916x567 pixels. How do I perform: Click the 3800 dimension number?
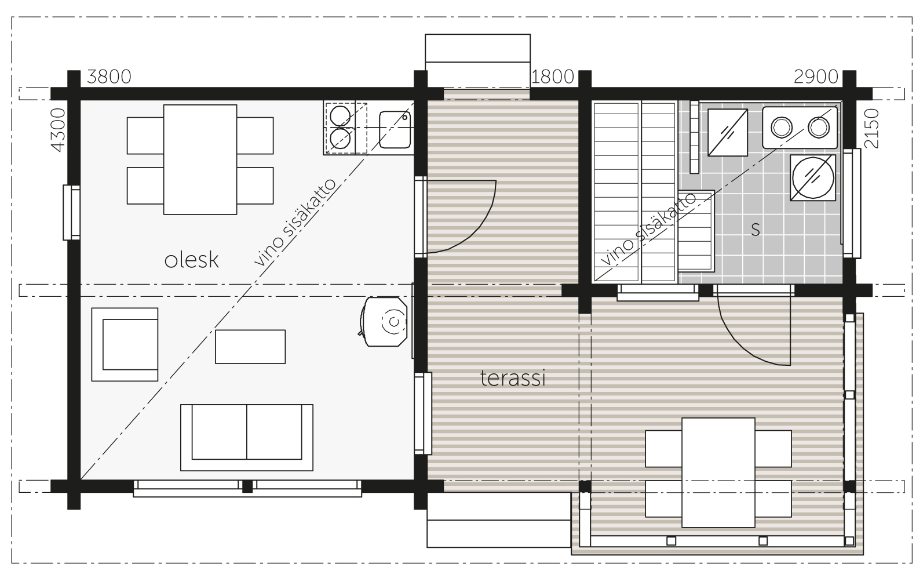tap(109, 77)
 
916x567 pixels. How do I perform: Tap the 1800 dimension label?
tap(553, 77)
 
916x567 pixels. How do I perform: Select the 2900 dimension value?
tap(816, 77)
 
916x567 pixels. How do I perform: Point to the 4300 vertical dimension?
tap(58, 130)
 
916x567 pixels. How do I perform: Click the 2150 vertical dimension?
tap(871, 129)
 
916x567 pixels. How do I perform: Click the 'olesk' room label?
tap(191, 260)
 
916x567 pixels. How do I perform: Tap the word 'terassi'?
tap(513, 378)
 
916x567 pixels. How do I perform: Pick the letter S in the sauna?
tap(756, 230)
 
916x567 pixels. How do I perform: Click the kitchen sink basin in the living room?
tap(395, 129)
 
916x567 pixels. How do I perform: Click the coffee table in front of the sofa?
tap(250, 347)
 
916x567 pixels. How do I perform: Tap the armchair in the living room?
tap(125, 344)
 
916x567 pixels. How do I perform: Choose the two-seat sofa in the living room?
tap(247, 438)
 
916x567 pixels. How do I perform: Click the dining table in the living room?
tap(200, 159)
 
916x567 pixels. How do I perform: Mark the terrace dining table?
tap(718, 472)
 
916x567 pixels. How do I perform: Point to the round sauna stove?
tap(813, 178)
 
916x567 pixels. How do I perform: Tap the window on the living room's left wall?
tap(71, 212)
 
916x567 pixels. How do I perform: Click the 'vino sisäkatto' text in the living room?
tap(295, 223)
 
